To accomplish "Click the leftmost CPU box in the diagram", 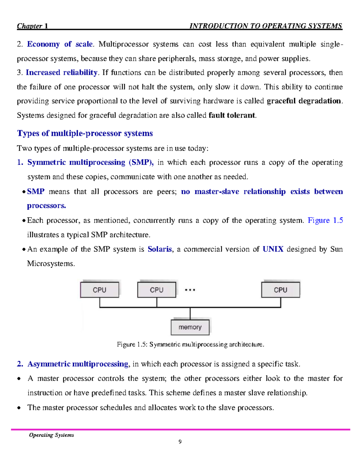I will pyautogui.click(x=99, y=290).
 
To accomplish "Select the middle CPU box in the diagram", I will pyautogui.click(x=157, y=290).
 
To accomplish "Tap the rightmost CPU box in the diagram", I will pyautogui.click(x=280, y=290).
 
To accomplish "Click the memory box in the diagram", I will pyautogui.click(x=190, y=327).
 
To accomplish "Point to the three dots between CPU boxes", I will pyautogui.click(x=190, y=290).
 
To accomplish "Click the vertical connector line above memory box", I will pyautogui.click(x=190, y=314).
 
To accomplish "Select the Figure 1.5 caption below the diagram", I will pyautogui.click(x=190, y=344).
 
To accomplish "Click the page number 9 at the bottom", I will pyautogui.click(x=180, y=441).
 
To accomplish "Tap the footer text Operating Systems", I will pyautogui.click(x=51, y=435).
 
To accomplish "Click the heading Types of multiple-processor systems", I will pyautogui.click(x=85, y=133).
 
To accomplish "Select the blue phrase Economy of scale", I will pyautogui.click(x=60, y=44).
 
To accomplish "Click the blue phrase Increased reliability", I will pyautogui.click(x=61, y=73).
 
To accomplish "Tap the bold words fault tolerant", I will pyautogui.click(x=232, y=115).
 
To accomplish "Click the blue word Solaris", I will pyautogui.click(x=160, y=249).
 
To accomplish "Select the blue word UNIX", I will pyautogui.click(x=273, y=249).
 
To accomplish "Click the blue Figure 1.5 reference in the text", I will pyautogui.click(x=325, y=220).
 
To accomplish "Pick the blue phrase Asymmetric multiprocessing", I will pyautogui.click(x=78, y=364).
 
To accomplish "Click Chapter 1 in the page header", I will pyautogui.click(x=32, y=26).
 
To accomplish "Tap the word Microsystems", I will pyautogui.click(x=50, y=263).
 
